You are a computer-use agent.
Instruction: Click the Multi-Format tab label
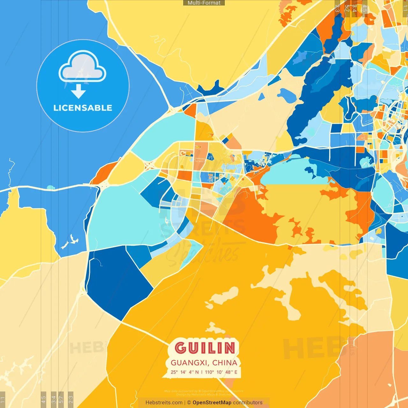(x=204, y=3)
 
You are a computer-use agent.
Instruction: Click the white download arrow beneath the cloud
(x=78, y=91)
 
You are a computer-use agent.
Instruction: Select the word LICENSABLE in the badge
(x=83, y=108)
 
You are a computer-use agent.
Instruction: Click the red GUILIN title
(x=205, y=348)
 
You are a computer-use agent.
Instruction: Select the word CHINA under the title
(x=225, y=363)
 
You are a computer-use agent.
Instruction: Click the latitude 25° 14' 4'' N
(x=185, y=372)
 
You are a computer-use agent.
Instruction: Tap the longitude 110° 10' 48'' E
(x=221, y=372)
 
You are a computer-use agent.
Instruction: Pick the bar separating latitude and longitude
(x=201, y=372)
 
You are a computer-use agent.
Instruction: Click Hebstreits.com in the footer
(x=164, y=403)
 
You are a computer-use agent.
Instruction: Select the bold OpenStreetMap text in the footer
(x=212, y=403)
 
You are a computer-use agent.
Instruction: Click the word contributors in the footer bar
(x=248, y=403)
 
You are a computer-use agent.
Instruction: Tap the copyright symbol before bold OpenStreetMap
(x=189, y=403)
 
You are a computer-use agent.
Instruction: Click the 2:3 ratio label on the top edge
(x=337, y=8)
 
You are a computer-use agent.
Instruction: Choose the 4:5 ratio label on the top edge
(x=365, y=8)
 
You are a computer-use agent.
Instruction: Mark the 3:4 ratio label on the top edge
(x=354, y=8)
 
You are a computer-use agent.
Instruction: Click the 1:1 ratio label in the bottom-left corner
(x=3, y=399)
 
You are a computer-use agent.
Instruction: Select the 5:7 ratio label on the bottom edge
(x=61, y=399)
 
